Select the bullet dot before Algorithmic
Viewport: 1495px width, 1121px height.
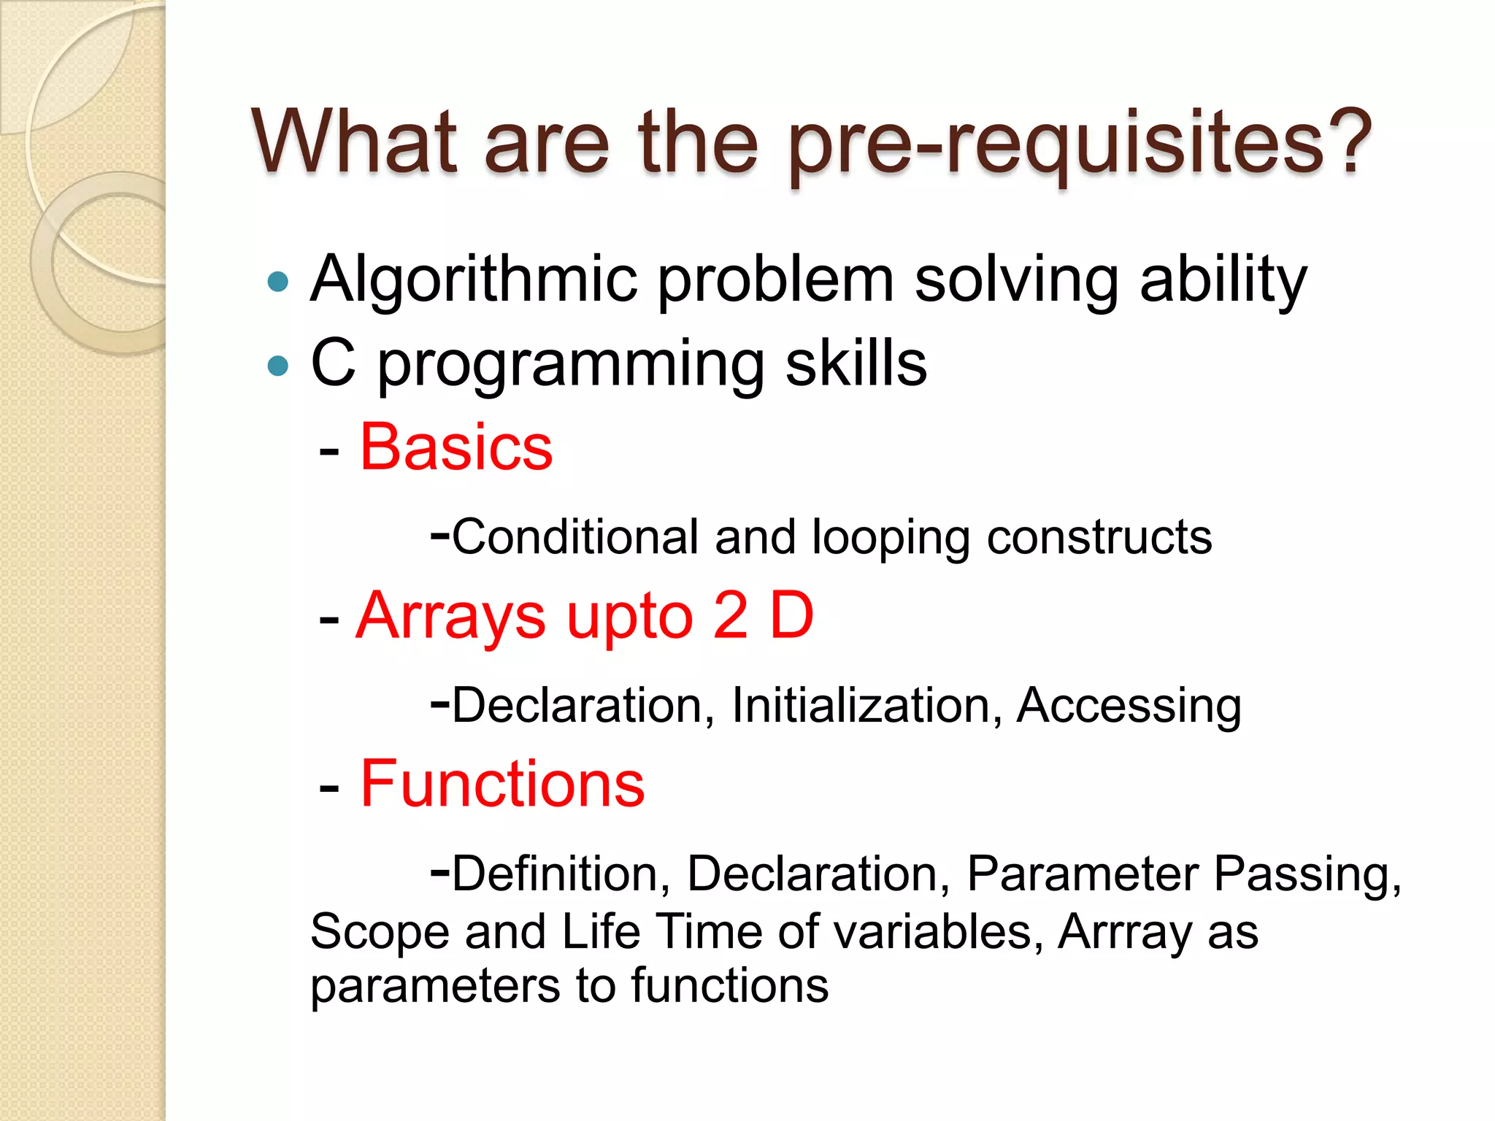click(278, 282)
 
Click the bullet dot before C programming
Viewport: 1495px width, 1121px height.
click(278, 365)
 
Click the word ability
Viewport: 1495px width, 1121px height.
click(1223, 280)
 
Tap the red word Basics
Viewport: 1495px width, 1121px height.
click(456, 447)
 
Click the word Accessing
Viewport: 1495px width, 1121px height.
click(1129, 706)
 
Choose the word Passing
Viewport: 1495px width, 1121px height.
click(1307, 874)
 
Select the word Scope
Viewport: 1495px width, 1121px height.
click(380, 933)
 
